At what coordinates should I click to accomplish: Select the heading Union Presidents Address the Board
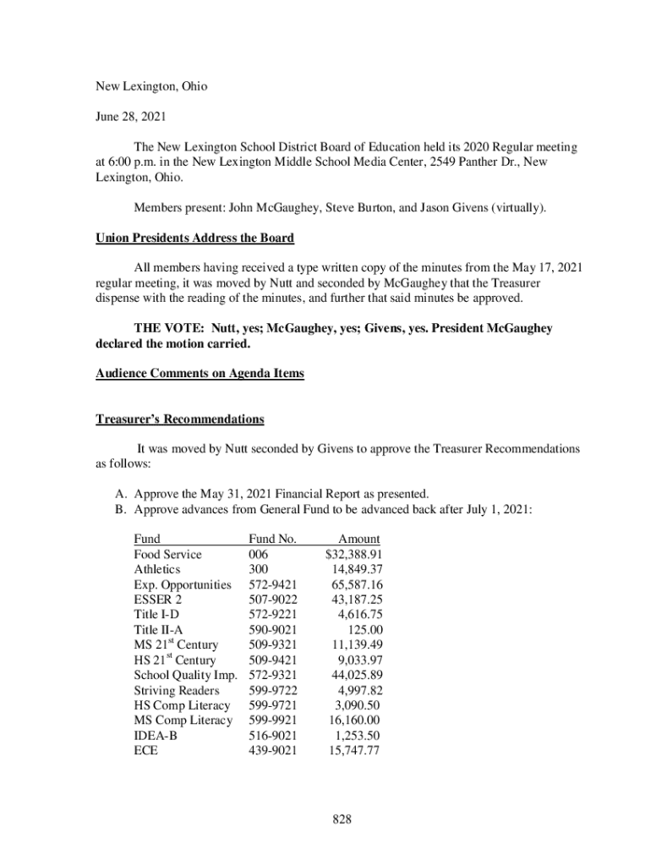click(x=194, y=238)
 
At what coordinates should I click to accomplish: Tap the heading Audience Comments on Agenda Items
click(x=199, y=374)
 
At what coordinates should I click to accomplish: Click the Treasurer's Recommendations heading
click(x=179, y=419)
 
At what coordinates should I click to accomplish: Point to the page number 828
click(x=341, y=819)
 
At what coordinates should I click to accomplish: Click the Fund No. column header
click(x=272, y=540)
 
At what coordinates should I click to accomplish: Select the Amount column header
click(x=358, y=540)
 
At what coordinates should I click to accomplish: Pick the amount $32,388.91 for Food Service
click(x=353, y=555)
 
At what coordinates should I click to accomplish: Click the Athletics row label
click(x=157, y=570)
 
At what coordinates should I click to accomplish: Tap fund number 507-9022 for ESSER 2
click(x=272, y=600)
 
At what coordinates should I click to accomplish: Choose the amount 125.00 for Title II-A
click(x=365, y=630)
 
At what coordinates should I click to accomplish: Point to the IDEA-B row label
click(x=156, y=737)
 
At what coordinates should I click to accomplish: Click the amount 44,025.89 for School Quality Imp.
click(x=356, y=676)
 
